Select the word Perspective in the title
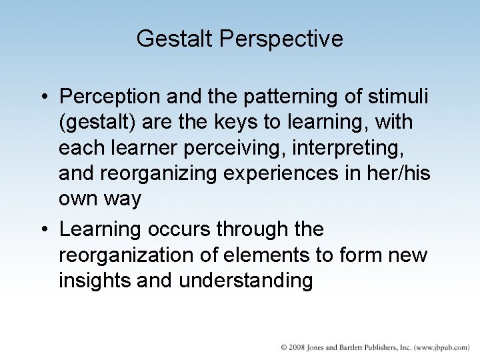tap(280, 39)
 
